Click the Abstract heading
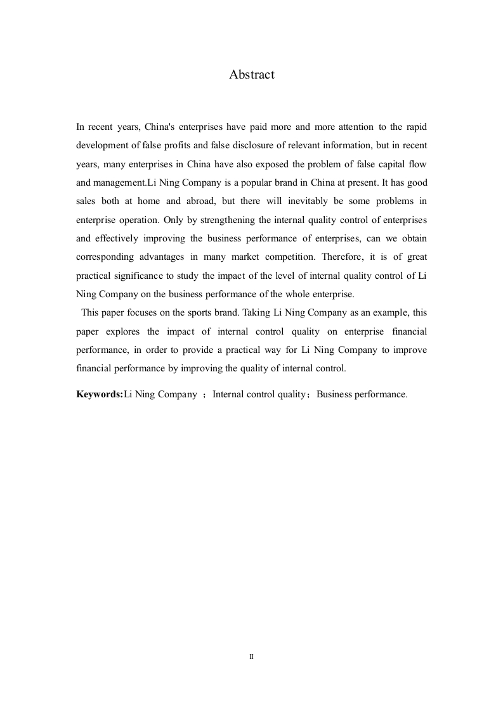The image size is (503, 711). (x=251, y=75)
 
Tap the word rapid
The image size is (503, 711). (x=414, y=127)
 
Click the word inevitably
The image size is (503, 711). (x=307, y=202)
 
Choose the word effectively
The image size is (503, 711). (x=117, y=239)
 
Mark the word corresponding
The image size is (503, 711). (x=106, y=257)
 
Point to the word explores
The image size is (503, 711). (x=124, y=332)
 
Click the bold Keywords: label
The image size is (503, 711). (x=100, y=394)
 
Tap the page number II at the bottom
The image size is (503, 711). (x=251, y=657)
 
